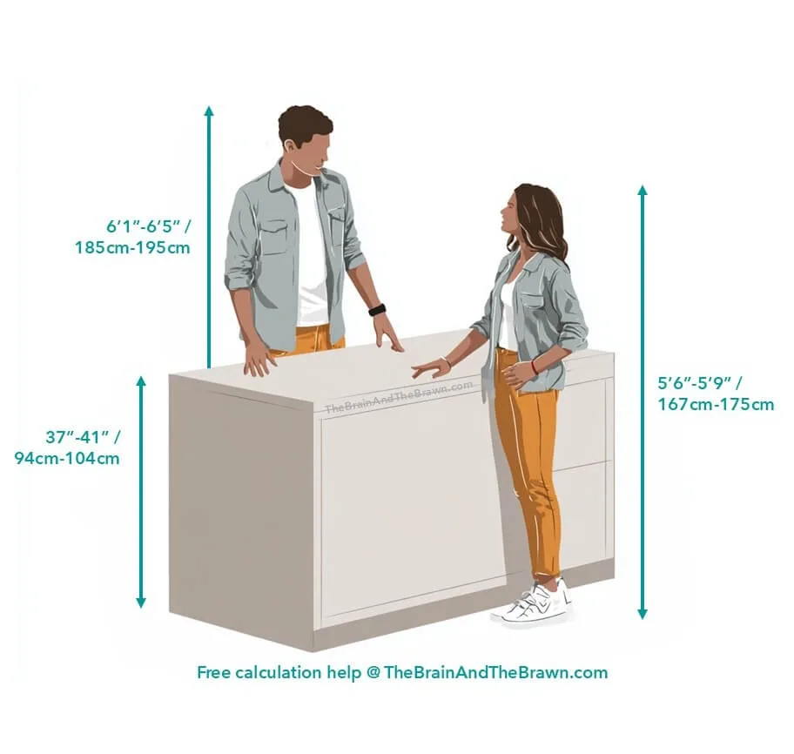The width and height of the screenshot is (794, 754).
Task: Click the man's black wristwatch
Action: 377,310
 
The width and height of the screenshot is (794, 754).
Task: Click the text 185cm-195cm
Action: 132,247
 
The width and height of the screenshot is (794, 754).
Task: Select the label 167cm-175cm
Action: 716,404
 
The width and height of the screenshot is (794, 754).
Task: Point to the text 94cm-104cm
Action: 67,458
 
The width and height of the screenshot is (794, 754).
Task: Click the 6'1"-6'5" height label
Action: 148,226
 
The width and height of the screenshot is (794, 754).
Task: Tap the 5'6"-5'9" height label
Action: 700,383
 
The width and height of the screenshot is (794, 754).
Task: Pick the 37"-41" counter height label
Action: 83,436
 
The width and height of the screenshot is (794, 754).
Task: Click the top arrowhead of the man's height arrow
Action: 209,111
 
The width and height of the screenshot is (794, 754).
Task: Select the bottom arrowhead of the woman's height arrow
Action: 643,614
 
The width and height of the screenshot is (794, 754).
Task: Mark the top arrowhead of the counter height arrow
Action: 141,382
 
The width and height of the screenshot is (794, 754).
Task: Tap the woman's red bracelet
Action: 535,366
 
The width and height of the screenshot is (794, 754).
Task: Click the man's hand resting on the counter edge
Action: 259,360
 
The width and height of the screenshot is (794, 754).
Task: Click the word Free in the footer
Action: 213,672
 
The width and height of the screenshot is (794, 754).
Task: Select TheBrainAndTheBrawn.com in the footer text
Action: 495,672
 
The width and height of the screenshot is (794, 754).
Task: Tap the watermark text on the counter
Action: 399,396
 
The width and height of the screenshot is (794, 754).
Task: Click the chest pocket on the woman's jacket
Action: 533,300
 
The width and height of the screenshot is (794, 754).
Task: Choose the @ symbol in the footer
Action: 373,673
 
